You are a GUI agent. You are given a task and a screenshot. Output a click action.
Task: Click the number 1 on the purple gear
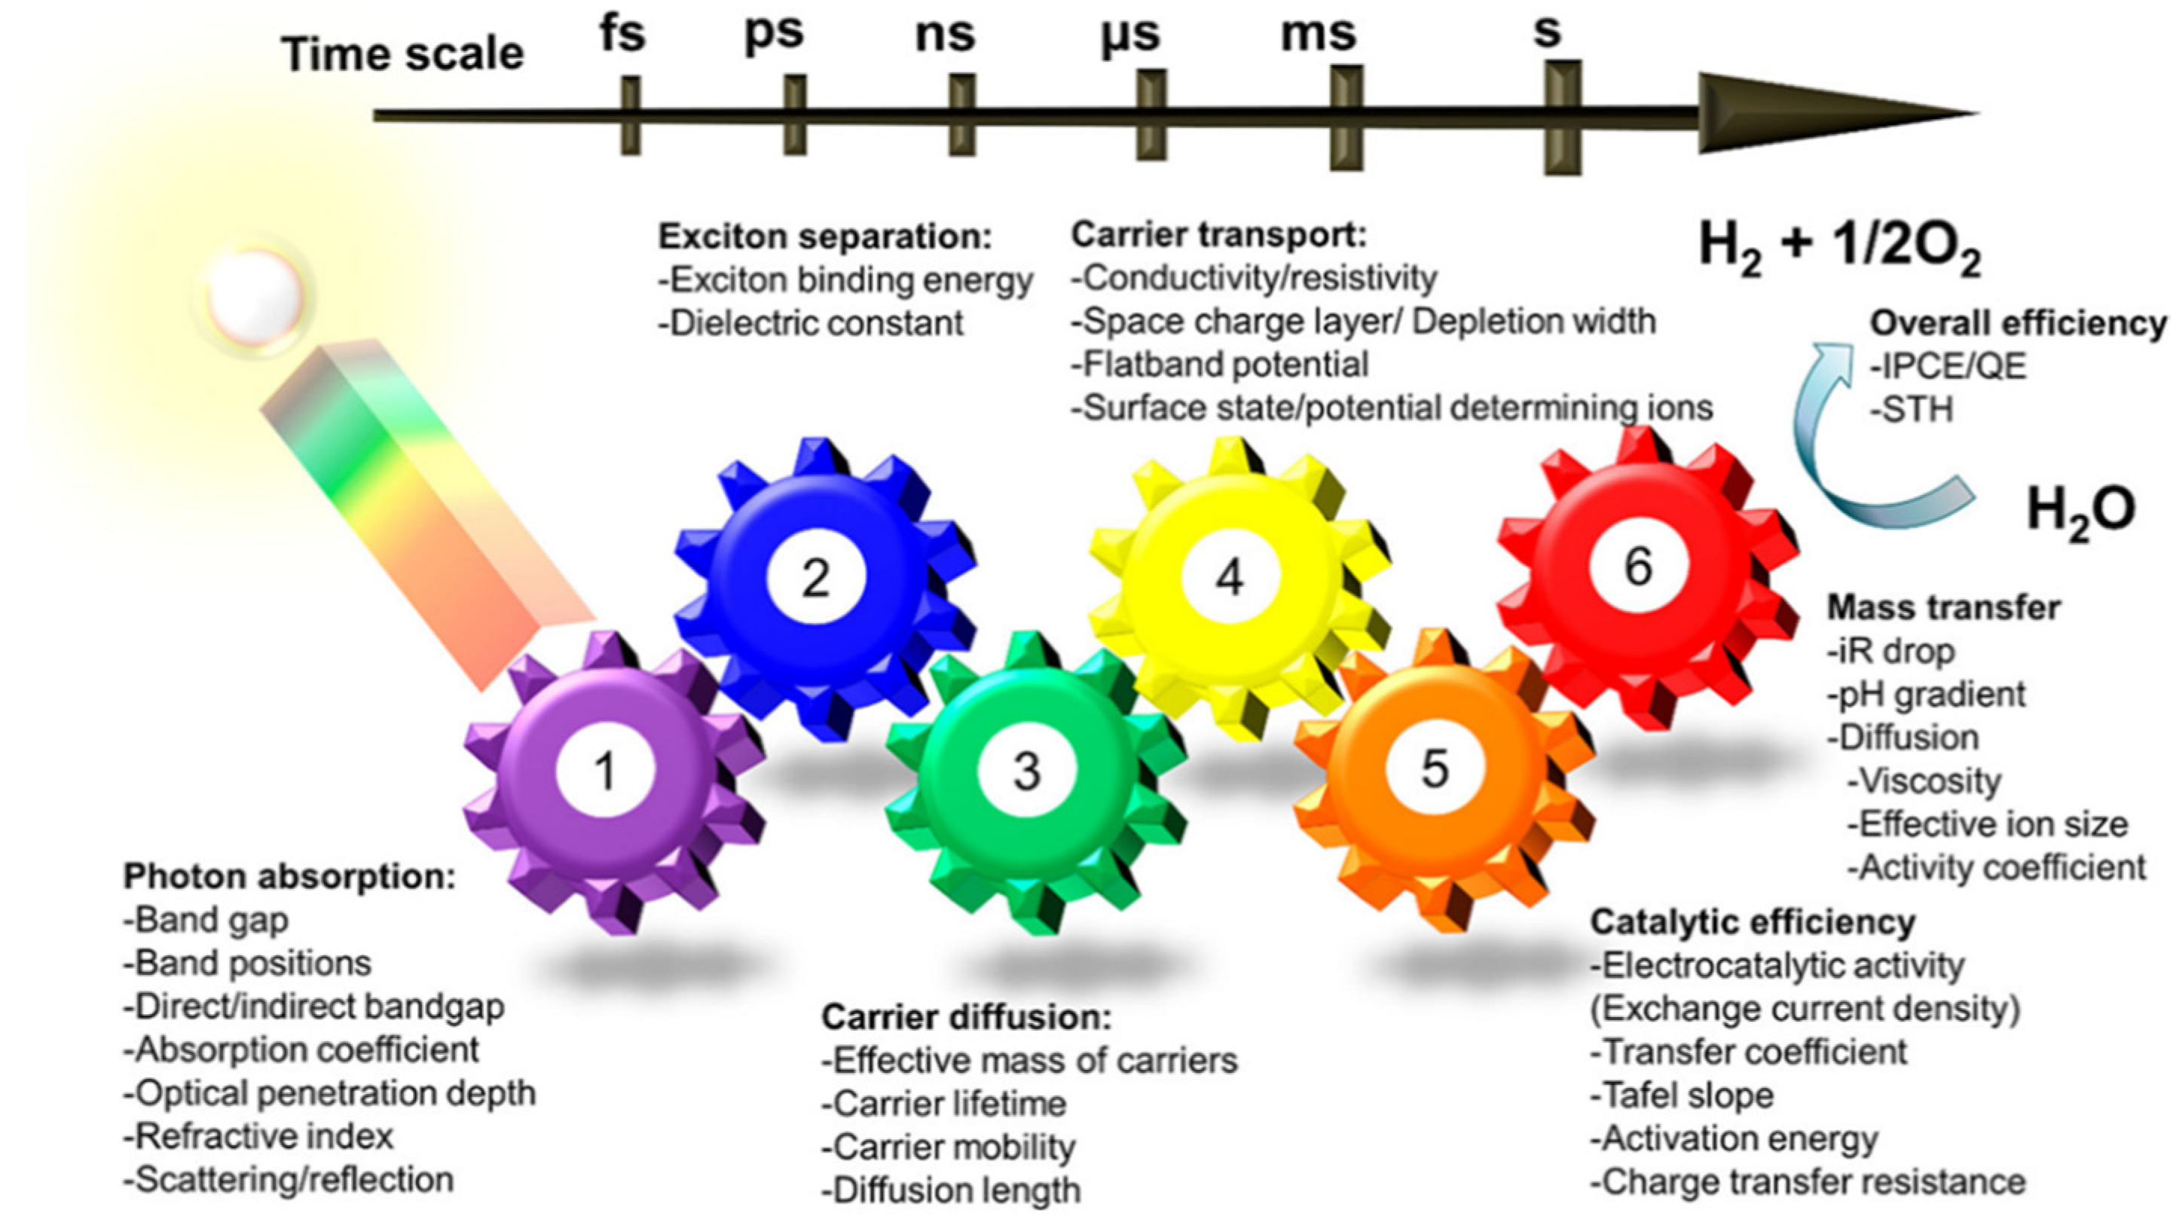[x=605, y=771]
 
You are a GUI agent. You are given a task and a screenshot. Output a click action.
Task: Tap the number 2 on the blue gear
[x=815, y=578]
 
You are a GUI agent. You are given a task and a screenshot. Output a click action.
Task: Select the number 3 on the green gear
[x=1026, y=771]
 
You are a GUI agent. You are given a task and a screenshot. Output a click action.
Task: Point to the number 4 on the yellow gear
[x=1229, y=578]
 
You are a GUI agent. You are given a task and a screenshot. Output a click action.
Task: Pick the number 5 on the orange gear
[x=1435, y=768]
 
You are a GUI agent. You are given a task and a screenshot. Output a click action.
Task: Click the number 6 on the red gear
[x=1638, y=566]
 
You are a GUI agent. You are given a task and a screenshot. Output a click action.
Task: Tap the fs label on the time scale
[x=622, y=35]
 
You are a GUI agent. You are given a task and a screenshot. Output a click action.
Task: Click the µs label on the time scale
[x=1130, y=35]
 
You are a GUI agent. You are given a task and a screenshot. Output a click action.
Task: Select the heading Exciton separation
[x=824, y=237]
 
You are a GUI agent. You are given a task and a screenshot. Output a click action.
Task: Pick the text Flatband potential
[x=1220, y=365]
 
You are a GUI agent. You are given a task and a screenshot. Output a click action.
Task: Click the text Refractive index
[x=258, y=1136]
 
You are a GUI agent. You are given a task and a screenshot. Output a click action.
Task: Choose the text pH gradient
[x=1926, y=695]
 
